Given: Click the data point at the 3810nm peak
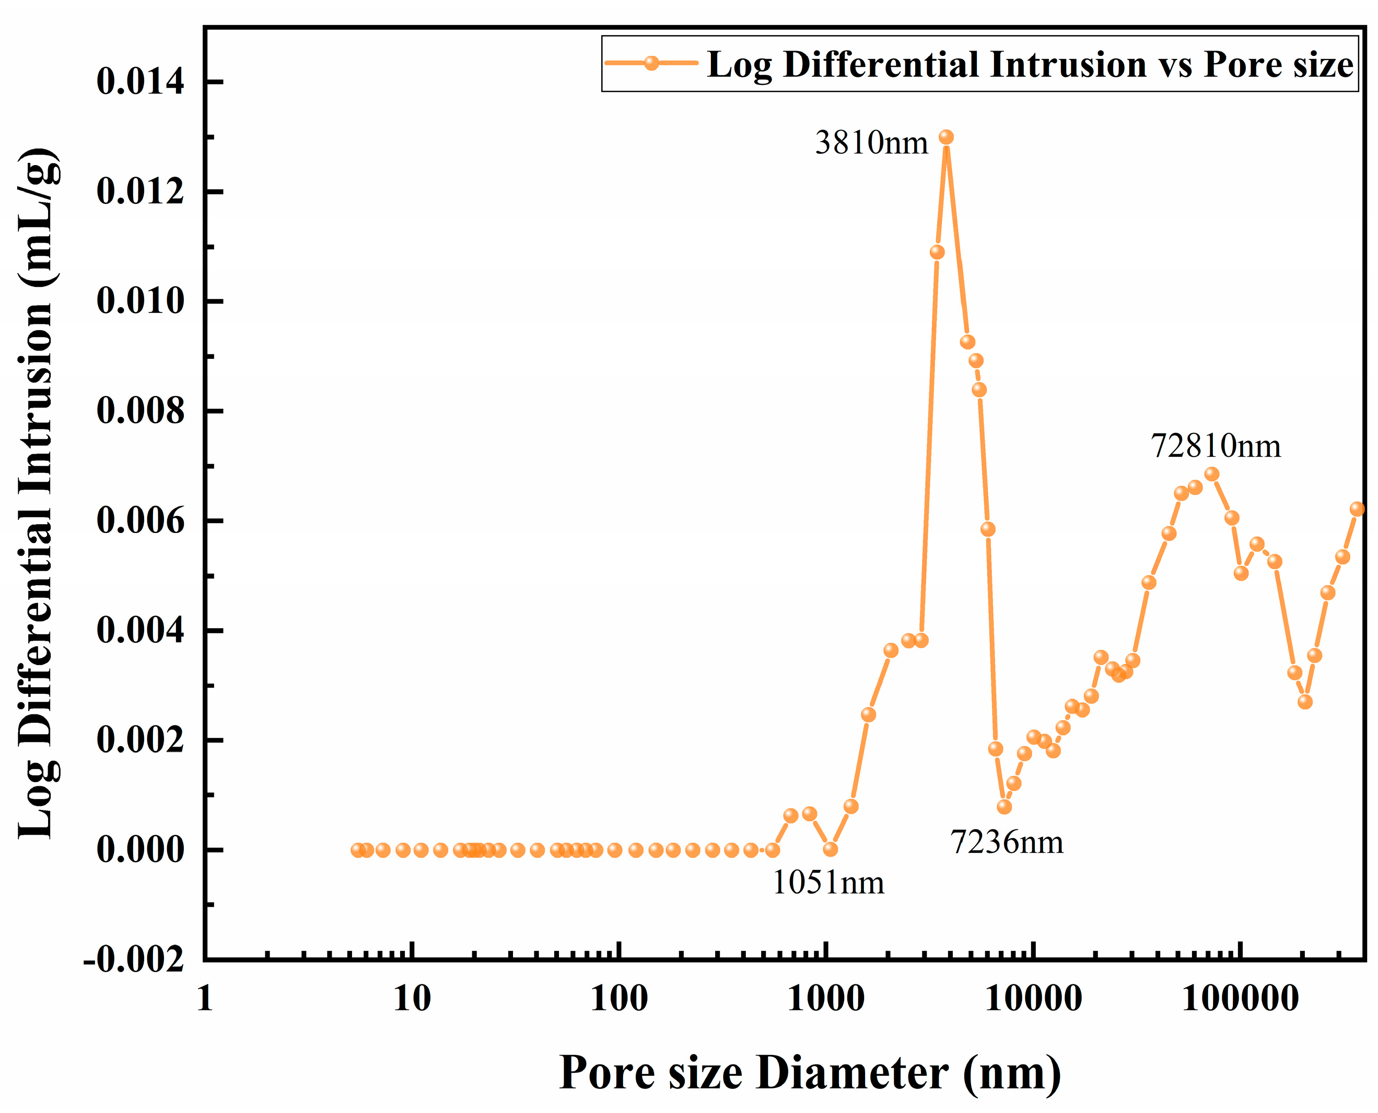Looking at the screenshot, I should [x=946, y=137].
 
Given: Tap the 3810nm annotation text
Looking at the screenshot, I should [x=871, y=142].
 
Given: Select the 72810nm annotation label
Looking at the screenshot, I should [x=1216, y=446].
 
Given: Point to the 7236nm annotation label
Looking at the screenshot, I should [x=1007, y=842].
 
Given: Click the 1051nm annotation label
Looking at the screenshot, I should [x=828, y=883].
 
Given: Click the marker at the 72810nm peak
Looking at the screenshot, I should [x=1211, y=474].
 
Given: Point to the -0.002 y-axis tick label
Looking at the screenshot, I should [x=134, y=960].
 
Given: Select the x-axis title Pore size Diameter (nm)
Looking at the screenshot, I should [x=810, y=1073].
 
